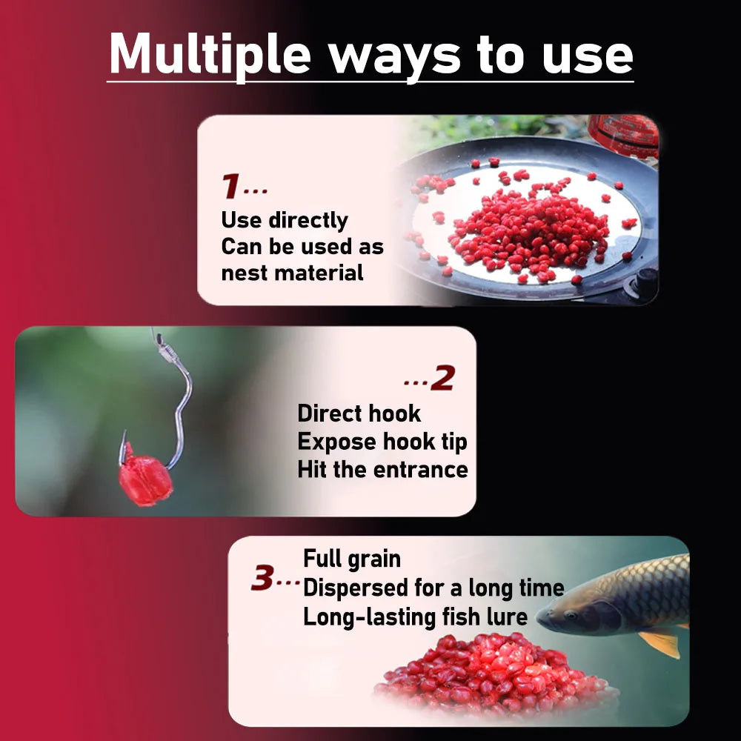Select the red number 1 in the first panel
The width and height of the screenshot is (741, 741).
[230, 187]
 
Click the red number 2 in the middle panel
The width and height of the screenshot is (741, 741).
[442, 379]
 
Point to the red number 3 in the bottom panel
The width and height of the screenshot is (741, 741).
[263, 579]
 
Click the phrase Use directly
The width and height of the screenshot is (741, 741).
[285, 220]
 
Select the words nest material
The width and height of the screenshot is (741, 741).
[293, 273]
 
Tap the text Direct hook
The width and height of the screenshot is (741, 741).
[359, 413]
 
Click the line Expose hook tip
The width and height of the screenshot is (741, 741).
[382, 442]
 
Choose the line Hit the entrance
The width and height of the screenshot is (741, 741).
[382, 470]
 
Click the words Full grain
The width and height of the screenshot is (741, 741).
[352, 559]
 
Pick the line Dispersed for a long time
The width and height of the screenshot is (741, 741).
[433, 588]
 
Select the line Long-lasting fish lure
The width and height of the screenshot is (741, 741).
[415, 617]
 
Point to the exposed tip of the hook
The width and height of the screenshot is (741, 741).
[123, 436]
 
